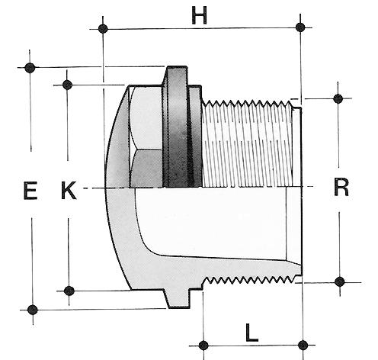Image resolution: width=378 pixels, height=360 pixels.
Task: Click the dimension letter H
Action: coord(199,15)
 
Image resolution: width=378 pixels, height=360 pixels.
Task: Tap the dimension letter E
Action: coord(30,190)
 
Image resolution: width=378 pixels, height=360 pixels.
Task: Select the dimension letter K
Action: coord(69,190)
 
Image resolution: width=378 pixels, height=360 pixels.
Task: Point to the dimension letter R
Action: coord(341,187)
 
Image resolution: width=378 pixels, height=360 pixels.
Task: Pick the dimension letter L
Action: coord(251,333)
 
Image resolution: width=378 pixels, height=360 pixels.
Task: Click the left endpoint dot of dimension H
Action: coord(103,29)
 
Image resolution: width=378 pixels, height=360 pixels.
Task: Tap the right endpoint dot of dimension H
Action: coord(300,27)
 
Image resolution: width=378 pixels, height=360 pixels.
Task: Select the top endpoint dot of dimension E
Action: coord(30,68)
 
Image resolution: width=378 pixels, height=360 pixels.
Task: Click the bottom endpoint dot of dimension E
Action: coord(33,310)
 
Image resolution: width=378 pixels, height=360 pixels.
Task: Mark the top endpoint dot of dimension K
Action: coord(67,85)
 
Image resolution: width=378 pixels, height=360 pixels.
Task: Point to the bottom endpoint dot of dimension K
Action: coord(69,291)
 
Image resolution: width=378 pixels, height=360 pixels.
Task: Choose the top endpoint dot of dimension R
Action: coord(338,98)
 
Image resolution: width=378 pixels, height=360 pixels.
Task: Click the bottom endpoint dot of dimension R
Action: coord(340,281)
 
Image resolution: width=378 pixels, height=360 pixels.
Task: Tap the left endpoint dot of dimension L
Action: coord(203,346)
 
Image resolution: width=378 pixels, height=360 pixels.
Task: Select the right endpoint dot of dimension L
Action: coord(303,346)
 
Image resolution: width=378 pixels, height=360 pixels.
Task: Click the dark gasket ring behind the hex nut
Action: coord(178,127)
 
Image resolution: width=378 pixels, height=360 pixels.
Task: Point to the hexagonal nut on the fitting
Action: coord(146,137)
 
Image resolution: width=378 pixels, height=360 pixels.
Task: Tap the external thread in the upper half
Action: coord(247,144)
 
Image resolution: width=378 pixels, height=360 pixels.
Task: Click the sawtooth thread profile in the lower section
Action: coord(250,281)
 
